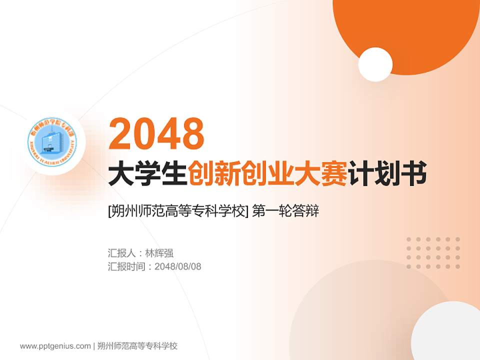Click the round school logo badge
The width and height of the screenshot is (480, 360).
(x=52, y=142)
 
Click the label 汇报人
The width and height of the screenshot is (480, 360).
(x=121, y=253)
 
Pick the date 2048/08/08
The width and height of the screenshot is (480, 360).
(x=178, y=266)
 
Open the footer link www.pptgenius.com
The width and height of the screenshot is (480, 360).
(x=55, y=346)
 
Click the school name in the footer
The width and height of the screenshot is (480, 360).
(x=137, y=346)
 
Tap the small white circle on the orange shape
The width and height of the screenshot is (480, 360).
(x=375, y=64)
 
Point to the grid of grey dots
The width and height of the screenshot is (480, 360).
(x=433, y=253)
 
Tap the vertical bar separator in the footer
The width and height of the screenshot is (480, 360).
(x=94, y=346)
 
